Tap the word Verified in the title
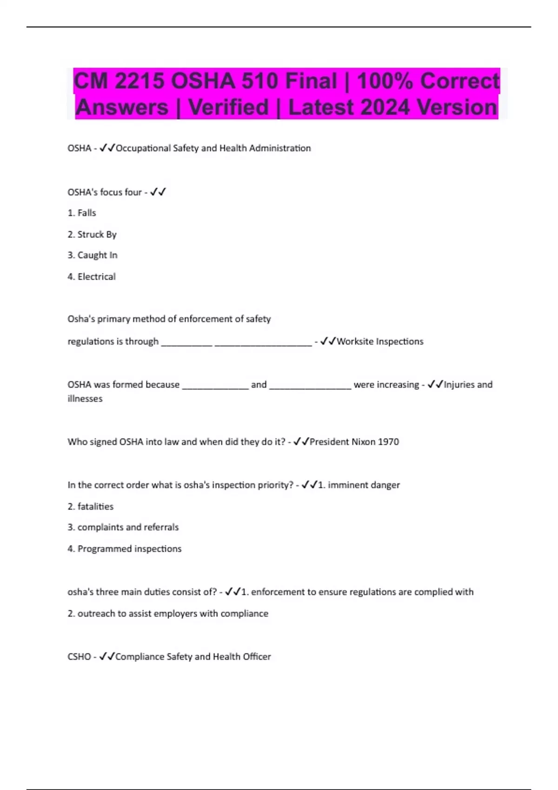pos(228,107)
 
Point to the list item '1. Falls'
pos(82,213)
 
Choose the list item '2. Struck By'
pos(92,234)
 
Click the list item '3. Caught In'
pos(93,255)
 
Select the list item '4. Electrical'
pos(92,276)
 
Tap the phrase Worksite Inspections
pos(380,342)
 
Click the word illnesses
pos(85,399)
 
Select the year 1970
pos(388,442)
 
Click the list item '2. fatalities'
pos(91,507)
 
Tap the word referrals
pos(161,527)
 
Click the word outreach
pos(96,613)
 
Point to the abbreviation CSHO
pos(79,657)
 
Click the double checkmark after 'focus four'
pos(158,192)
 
